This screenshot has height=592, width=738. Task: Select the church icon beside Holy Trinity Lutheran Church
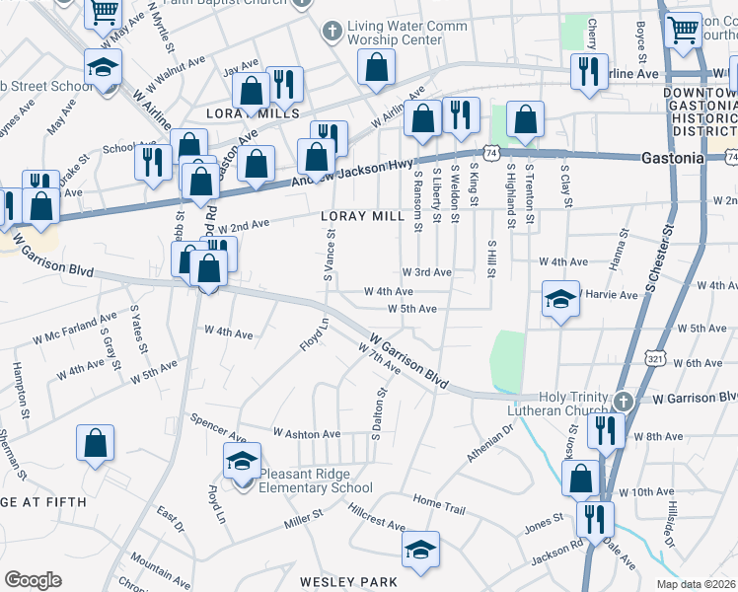[x=624, y=402]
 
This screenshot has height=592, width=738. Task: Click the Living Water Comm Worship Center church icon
[x=332, y=33]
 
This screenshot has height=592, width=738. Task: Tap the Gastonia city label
[x=672, y=158]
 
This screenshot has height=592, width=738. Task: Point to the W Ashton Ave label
[x=307, y=433]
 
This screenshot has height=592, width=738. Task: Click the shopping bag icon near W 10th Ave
[x=580, y=480]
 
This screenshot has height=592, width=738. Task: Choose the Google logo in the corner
[x=33, y=580]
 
